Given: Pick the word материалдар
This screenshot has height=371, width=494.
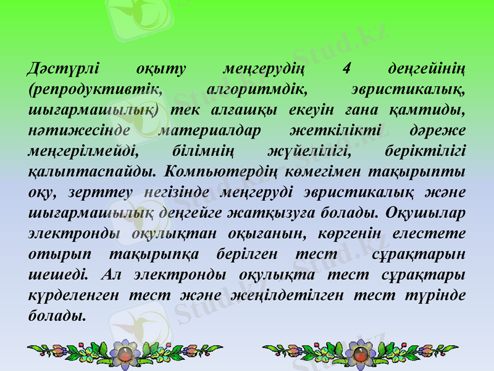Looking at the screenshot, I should pos(210,131).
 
